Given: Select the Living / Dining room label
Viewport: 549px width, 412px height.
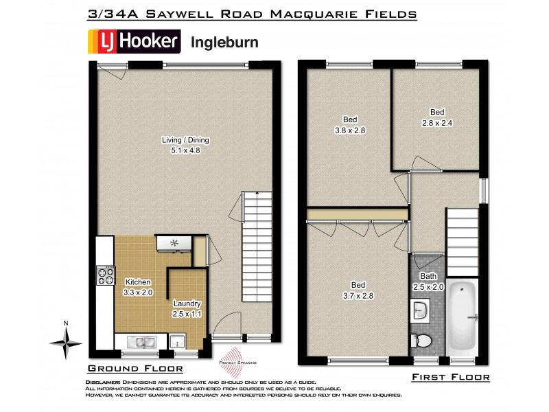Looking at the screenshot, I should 185,140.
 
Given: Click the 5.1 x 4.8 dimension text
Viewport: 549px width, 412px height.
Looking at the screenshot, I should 185,150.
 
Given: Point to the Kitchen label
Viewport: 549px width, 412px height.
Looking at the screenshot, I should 137,282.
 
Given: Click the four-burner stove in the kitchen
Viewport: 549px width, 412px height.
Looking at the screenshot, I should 106,275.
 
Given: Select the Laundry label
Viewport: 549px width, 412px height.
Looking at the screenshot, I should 187,304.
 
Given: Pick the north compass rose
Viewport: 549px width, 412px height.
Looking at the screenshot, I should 65,341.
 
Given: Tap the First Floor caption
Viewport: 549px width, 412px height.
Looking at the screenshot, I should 450,377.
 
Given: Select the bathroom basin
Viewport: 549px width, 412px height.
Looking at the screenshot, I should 422,313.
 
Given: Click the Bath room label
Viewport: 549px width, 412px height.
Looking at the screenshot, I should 429,276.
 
